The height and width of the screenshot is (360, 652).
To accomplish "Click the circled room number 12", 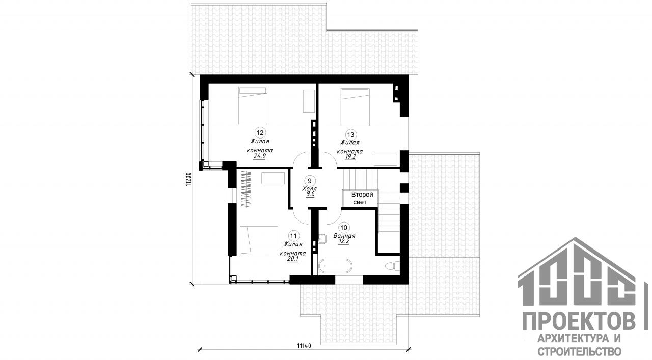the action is tap(260, 133).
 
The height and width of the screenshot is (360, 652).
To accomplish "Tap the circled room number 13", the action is tap(351, 135).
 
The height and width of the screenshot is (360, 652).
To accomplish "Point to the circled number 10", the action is tap(344, 227).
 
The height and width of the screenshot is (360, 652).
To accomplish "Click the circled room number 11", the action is tap(293, 236).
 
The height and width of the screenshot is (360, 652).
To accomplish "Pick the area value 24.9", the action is tap(259, 156).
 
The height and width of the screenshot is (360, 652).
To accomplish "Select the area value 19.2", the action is tap(350, 157).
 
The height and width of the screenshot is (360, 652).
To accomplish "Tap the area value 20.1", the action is tap(292, 259).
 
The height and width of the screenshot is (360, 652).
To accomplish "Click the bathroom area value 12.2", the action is tap(343, 241).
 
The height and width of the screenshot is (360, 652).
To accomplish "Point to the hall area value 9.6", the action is tap(310, 195).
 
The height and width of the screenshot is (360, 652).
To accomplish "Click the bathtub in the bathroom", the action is tap(335, 266).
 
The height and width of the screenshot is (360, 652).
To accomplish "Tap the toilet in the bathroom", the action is tap(392, 266).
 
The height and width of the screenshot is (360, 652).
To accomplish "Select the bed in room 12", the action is tap(253, 105).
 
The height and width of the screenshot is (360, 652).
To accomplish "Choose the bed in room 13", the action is tap(355, 107).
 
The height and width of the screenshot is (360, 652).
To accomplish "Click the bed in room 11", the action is tap(259, 241).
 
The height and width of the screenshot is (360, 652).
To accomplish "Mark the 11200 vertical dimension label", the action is tap(188, 179).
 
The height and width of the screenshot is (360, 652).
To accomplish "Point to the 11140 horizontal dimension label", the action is tap(304, 346).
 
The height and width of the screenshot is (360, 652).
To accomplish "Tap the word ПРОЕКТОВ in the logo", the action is tap(579, 321).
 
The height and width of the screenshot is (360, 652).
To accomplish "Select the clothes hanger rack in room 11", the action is tap(246, 189).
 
